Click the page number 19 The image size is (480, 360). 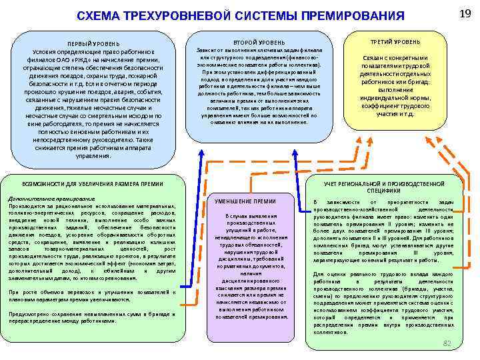click(466, 14)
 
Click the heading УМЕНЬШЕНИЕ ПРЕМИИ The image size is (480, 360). click(246, 201)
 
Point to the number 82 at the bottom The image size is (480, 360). click(447, 342)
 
